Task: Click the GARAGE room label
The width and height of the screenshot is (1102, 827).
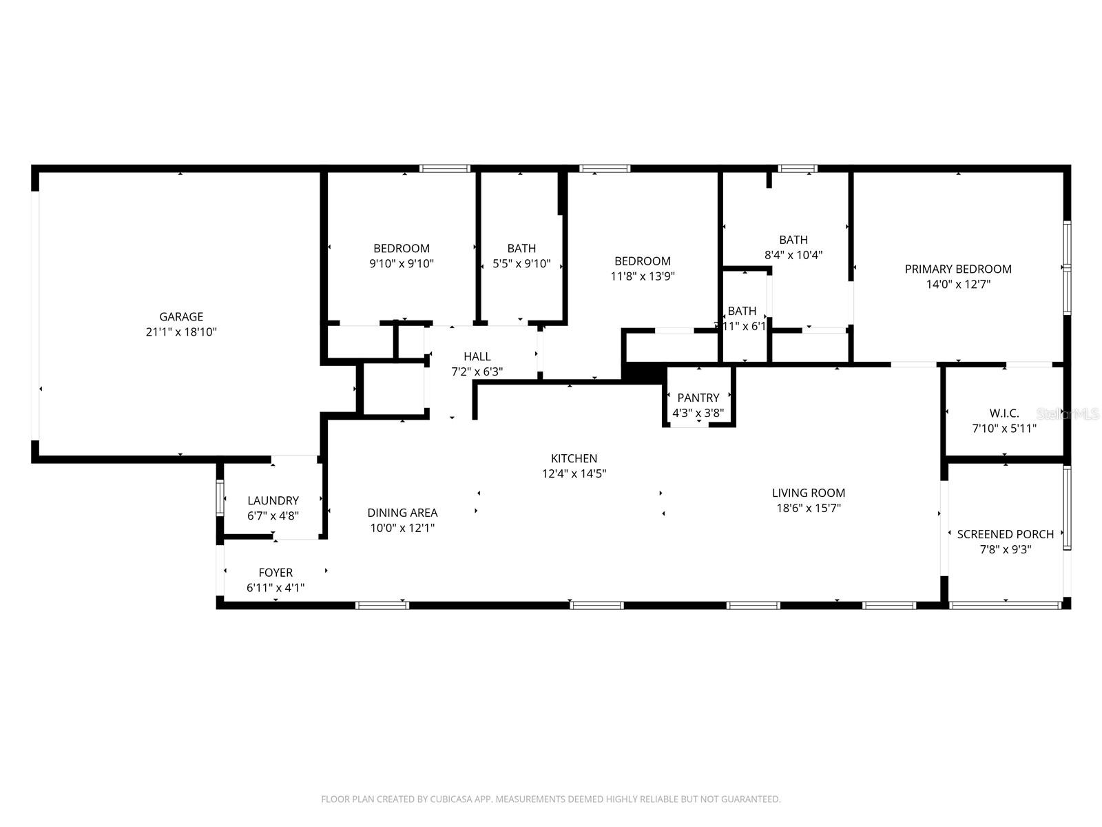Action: (x=181, y=317)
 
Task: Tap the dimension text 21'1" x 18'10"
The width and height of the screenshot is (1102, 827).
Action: (x=181, y=332)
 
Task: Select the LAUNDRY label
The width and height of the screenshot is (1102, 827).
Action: (x=273, y=501)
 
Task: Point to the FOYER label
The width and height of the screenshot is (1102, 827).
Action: (x=275, y=573)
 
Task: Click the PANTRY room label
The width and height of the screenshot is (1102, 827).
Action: (x=698, y=398)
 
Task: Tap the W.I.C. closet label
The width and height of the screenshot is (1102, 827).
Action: (x=1004, y=413)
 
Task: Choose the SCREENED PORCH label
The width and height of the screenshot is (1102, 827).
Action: (x=1005, y=534)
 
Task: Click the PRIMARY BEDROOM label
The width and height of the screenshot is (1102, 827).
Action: (x=958, y=269)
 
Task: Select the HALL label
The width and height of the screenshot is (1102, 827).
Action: (x=477, y=356)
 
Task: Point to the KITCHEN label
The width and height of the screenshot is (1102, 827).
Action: (x=574, y=458)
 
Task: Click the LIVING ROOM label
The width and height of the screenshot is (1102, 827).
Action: (x=808, y=493)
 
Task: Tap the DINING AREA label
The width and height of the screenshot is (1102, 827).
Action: (x=402, y=513)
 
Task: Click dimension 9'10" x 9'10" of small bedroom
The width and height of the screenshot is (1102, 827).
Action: (x=402, y=263)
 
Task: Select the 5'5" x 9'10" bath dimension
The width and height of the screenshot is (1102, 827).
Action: (x=521, y=263)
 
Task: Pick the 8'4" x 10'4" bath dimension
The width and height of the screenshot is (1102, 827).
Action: (x=793, y=255)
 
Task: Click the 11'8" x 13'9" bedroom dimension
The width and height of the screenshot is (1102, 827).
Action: (x=642, y=276)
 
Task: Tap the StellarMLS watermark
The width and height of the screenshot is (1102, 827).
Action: (x=1068, y=413)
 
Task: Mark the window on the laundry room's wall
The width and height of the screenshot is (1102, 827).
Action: (x=220, y=498)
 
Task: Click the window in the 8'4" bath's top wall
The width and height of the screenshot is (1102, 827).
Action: (x=798, y=168)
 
